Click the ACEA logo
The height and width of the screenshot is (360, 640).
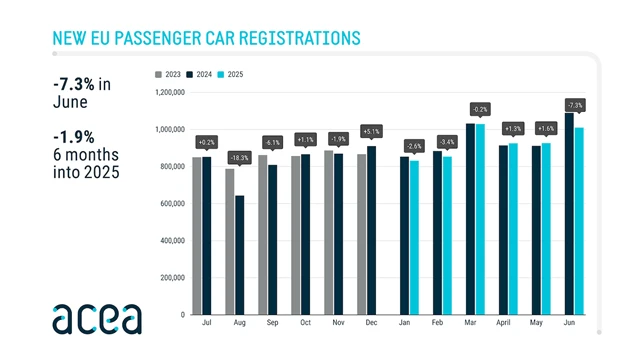[x=98, y=316]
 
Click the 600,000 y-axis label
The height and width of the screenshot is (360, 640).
[x=170, y=204]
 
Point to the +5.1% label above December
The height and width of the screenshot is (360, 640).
[x=371, y=130]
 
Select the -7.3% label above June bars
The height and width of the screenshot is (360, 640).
[x=574, y=105]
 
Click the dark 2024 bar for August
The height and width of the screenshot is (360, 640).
[x=239, y=255]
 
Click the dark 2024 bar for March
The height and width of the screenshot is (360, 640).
[x=471, y=219]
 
